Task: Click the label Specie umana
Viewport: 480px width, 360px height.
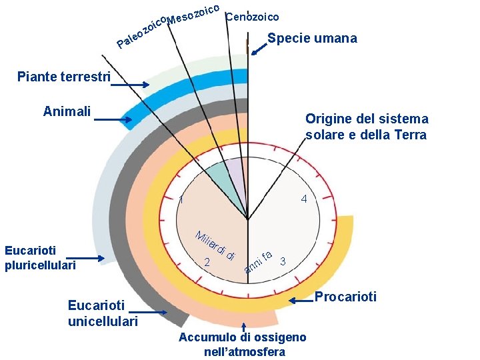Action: coord(312,39)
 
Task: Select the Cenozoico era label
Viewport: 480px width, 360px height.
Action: coord(253,17)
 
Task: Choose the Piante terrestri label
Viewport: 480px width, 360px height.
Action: coord(64,77)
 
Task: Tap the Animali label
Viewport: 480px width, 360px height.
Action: coord(67,111)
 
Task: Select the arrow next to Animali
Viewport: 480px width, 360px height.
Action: coord(113,120)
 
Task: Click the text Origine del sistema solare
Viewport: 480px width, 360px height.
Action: coord(367,127)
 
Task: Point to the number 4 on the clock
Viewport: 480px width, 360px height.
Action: coord(304,199)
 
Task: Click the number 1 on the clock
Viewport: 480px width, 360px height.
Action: coord(182,200)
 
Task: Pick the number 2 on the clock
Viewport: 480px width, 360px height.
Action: coord(207,263)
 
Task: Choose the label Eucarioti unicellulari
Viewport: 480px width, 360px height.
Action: coord(103,313)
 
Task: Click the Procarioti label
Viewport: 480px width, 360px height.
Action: coord(345,297)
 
